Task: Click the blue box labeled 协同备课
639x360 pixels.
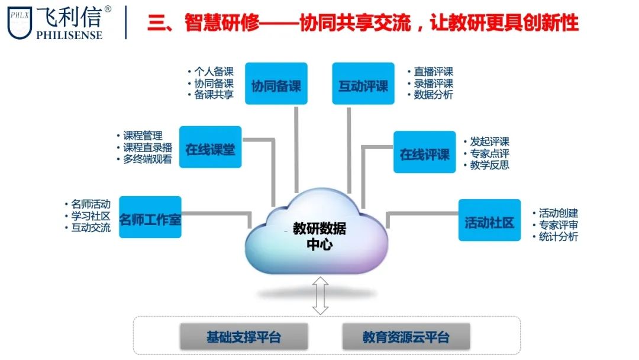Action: [x=276, y=84]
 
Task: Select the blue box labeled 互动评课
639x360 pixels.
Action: [x=363, y=84]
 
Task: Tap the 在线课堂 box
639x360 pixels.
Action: [x=210, y=147]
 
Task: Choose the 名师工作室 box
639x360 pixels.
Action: [x=150, y=218]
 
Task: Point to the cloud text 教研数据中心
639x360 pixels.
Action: [x=319, y=236]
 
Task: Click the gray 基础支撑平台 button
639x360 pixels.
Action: [x=243, y=337]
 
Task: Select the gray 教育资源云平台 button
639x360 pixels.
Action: [x=406, y=337]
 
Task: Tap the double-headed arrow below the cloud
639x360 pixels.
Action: [x=320, y=297]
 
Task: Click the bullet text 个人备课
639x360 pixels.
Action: [x=214, y=72]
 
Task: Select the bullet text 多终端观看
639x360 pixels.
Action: [x=148, y=159]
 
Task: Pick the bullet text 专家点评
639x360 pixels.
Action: [x=489, y=154]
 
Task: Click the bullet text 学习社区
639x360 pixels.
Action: [x=91, y=216]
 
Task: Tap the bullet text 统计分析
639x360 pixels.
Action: [x=559, y=237]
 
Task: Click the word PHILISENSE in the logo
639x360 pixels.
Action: [x=69, y=35]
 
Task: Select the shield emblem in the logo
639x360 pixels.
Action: [x=20, y=23]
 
